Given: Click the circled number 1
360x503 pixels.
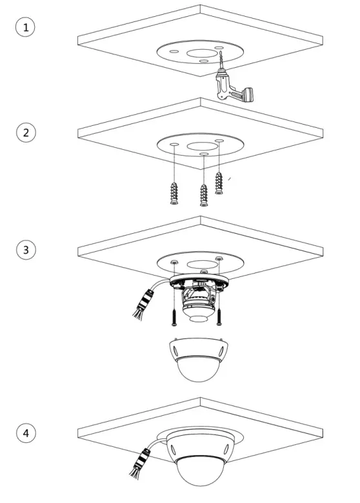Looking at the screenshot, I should coord(26,28).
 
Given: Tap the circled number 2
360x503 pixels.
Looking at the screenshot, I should coord(26,133).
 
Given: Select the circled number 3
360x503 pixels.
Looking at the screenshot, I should coord(26,249).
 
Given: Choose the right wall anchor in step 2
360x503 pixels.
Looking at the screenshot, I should coord(219,183).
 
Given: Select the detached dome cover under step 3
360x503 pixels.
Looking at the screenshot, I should coord(196,359).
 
